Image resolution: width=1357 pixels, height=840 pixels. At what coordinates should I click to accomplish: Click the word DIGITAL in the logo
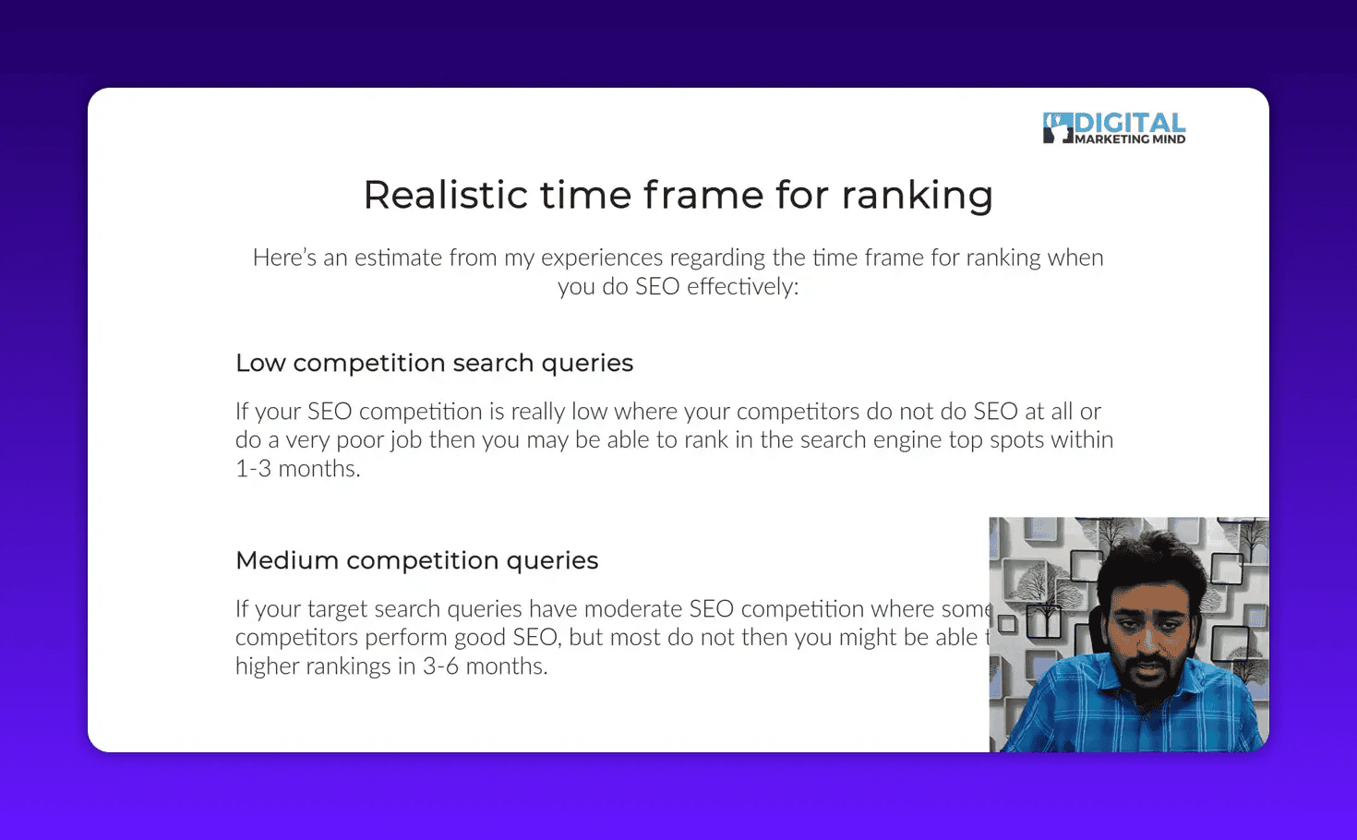point(1130,123)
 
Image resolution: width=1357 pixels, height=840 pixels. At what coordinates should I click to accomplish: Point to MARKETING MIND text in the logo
point(1130,139)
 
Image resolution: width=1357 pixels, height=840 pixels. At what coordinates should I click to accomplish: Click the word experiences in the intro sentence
point(602,258)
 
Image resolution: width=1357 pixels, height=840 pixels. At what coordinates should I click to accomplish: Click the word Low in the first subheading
point(260,363)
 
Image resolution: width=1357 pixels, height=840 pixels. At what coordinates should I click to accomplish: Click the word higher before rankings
point(267,666)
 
